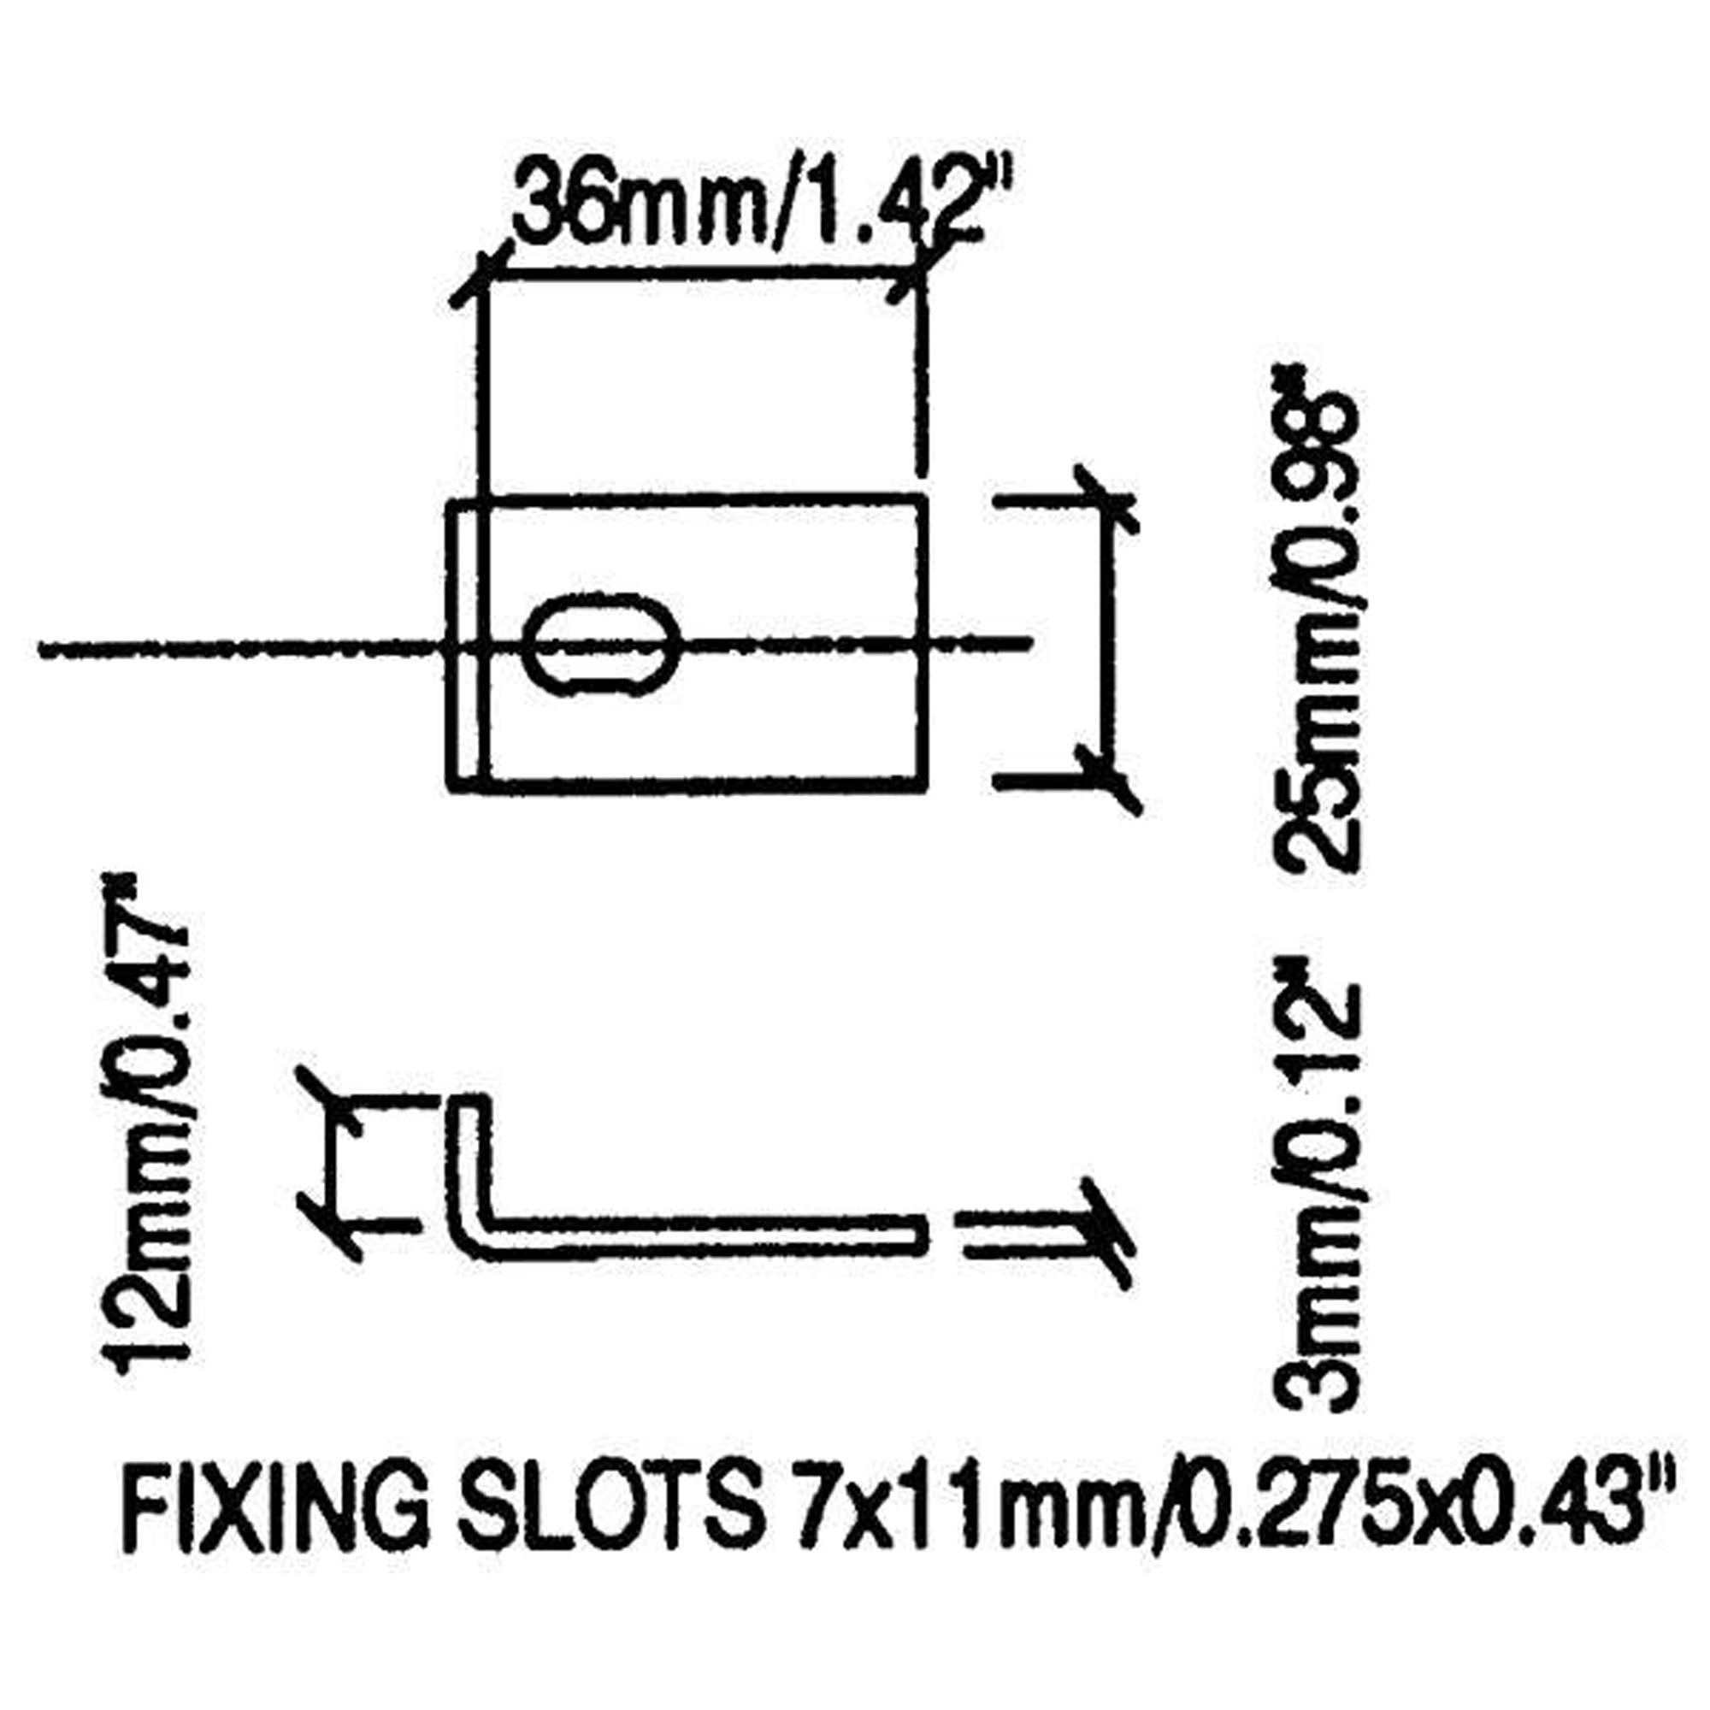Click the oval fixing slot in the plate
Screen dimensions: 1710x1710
tap(602, 646)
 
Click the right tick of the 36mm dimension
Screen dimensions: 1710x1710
tap(921, 277)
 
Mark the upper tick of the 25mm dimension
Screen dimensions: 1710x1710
tap(1106, 501)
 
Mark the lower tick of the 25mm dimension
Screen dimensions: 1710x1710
tap(1106, 779)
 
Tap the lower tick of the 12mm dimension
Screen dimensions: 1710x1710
tap(331, 1223)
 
